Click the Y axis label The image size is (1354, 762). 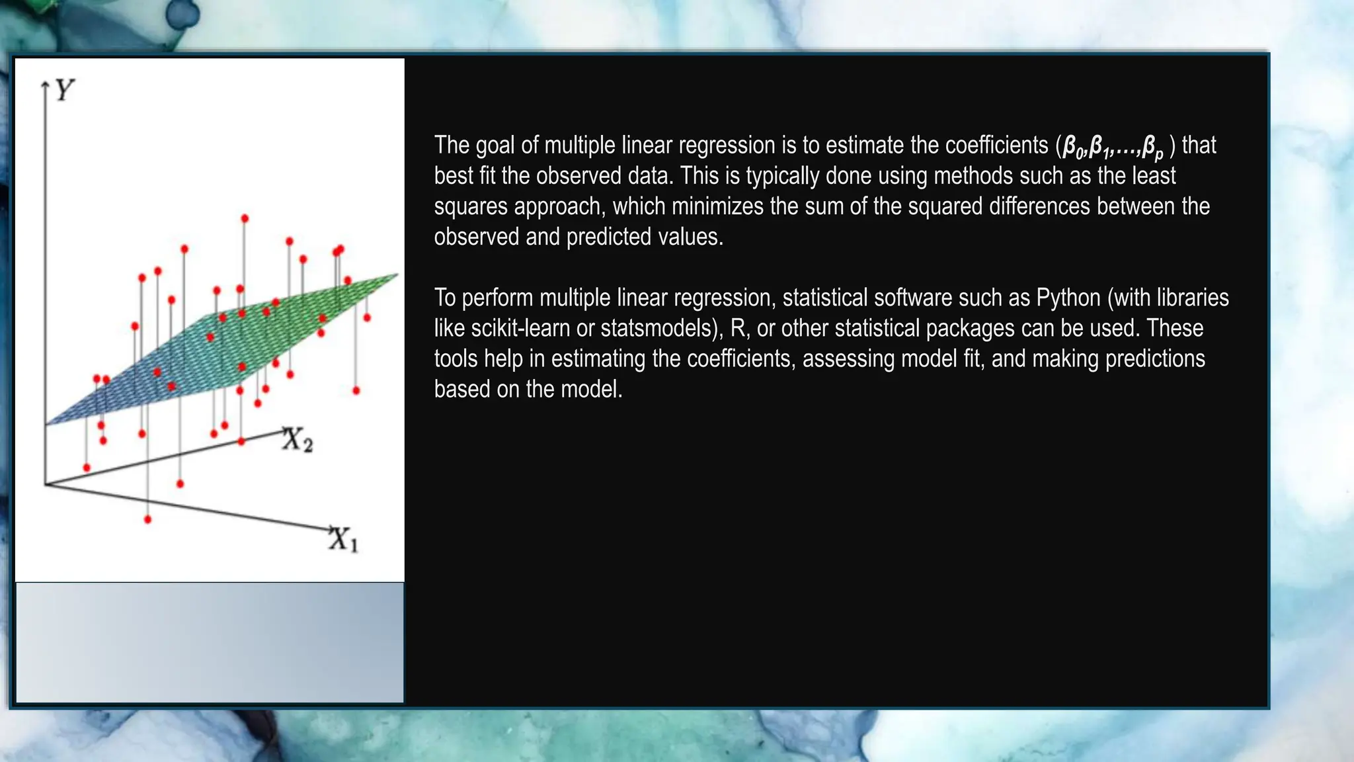click(64, 89)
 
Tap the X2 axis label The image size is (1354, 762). click(297, 440)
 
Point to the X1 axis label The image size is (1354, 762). click(343, 539)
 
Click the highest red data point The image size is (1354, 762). click(245, 218)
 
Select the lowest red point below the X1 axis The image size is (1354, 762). click(147, 519)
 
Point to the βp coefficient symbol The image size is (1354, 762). click(1152, 148)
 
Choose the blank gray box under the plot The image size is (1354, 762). click(210, 642)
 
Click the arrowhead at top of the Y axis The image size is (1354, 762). click(46, 85)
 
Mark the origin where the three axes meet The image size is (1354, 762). click(45, 485)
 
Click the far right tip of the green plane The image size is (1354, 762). click(397, 275)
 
